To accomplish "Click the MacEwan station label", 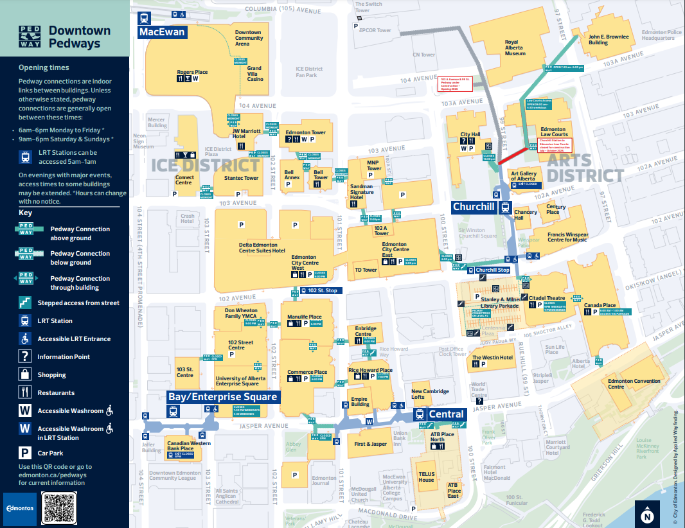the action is pyautogui.click(x=162, y=32).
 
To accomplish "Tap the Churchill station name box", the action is pyautogui.click(x=474, y=207).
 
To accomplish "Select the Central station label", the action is pyautogui.click(x=446, y=414).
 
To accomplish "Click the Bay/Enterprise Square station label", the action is pyautogui.click(x=223, y=397).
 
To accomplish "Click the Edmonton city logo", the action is pyautogui.click(x=20, y=508).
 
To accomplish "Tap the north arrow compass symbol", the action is pyautogui.click(x=647, y=514).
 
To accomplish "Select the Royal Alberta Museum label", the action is pyautogui.click(x=515, y=49).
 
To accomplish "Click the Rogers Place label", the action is pyautogui.click(x=192, y=72).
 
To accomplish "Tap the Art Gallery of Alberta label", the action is pyautogui.click(x=522, y=175).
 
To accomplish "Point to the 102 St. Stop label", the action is pyautogui.click(x=322, y=290).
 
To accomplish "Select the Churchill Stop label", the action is pyautogui.click(x=493, y=270).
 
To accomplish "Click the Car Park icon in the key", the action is pyautogui.click(x=25, y=453).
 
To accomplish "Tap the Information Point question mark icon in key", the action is pyautogui.click(x=25, y=356).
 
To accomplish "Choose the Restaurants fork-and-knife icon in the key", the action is pyautogui.click(x=25, y=392).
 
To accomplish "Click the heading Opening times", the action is pyautogui.click(x=44, y=67).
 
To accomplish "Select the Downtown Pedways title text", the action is pyautogui.click(x=80, y=37).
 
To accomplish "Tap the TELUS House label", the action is pyautogui.click(x=427, y=477).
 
